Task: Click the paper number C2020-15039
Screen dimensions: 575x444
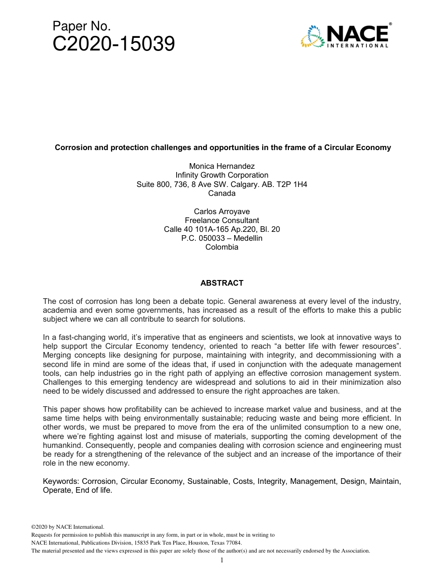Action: click(x=114, y=44)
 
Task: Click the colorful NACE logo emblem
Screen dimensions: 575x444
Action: click(x=312, y=36)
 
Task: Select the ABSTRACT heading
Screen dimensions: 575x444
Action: click(x=222, y=283)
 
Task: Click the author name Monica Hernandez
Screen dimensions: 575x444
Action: click(x=222, y=166)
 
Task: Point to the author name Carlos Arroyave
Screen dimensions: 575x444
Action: click(x=222, y=211)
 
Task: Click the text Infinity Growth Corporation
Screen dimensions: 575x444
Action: click(x=222, y=175)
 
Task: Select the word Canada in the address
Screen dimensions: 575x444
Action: click(x=222, y=193)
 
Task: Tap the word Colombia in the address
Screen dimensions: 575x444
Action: click(x=222, y=247)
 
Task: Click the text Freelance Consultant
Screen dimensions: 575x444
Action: click(x=222, y=220)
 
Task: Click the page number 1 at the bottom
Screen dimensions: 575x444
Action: click(x=222, y=560)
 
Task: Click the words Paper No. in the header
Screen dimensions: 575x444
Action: click(x=81, y=26)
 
